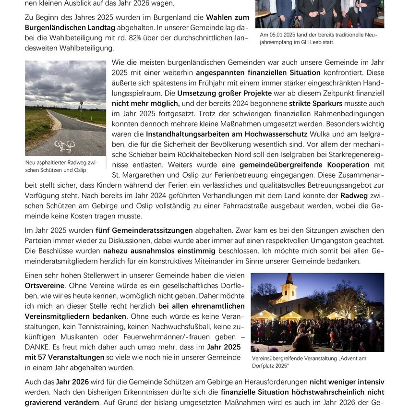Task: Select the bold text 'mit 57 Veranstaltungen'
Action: click(64, 357)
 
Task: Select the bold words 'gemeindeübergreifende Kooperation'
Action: click(294, 165)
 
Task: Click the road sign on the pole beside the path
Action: click(81, 103)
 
